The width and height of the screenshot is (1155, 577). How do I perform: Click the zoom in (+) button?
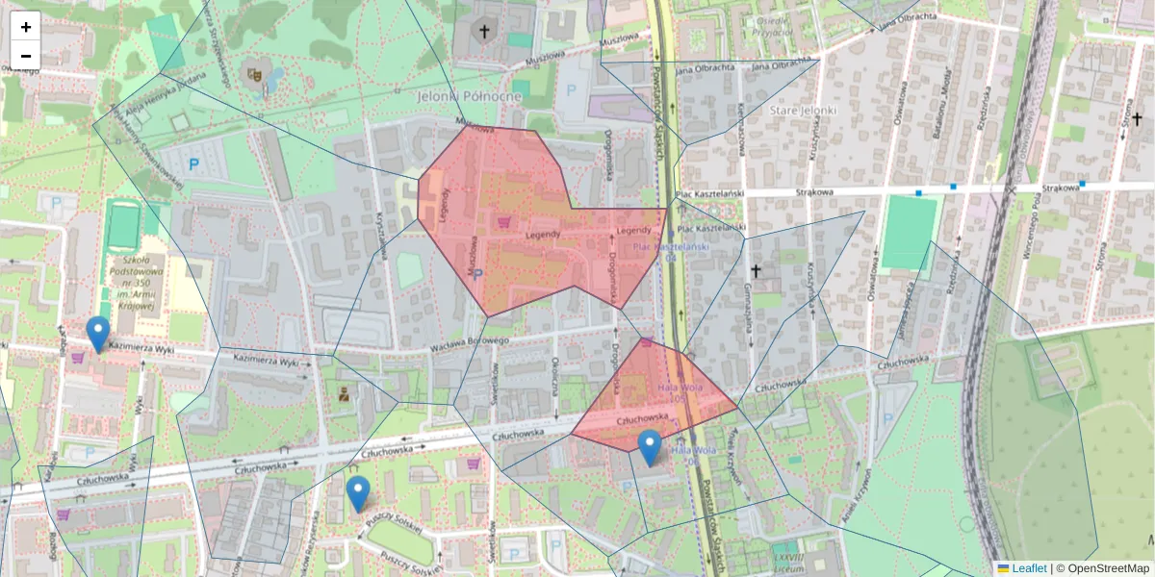[x=26, y=27]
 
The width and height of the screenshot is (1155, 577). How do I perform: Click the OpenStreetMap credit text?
[x=1108, y=568]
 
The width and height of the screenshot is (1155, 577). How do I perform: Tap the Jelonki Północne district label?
[x=470, y=96]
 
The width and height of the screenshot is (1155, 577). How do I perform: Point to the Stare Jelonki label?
[x=804, y=111]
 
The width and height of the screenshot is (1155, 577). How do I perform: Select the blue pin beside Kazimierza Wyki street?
[x=97, y=333]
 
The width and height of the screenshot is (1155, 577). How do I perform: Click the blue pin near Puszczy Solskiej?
[x=358, y=492]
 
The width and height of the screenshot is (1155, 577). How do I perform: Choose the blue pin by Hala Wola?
[x=650, y=447]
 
